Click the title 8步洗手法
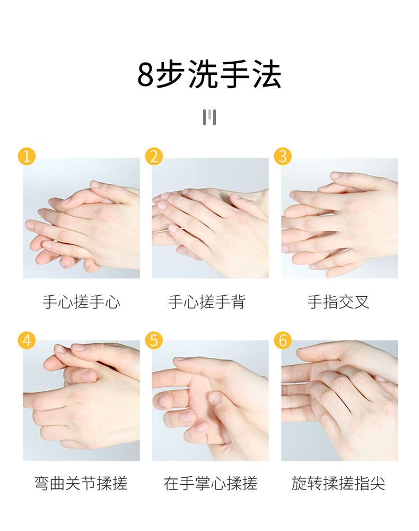pyautogui.click(x=210, y=74)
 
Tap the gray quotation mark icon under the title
pyautogui.click(x=210, y=117)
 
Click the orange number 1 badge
pyautogui.click(x=27, y=156)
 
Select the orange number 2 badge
pyautogui.click(x=154, y=156)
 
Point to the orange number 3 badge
pyautogui.click(x=283, y=156)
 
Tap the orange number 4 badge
pyautogui.click(x=27, y=340)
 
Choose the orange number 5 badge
pyautogui.click(x=154, y=340)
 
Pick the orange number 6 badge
pyautogui.click(x=283, y=340)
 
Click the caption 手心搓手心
pyautogui.click(x=81, y=302)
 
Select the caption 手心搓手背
pyautogui.click(x=207, y=302)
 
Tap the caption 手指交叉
pyautogui.click(x=338, y=302)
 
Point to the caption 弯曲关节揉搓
pyautogui.click(x=81, y=483)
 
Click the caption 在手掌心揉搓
pyautogui.click(x=211, y=483)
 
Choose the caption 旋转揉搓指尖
pyautogui.click(x=338, y=483)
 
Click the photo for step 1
pyautogui.click(x=81, y=218)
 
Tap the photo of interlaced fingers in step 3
pyautogui.click(x=339, y=218)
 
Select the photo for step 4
pyautogui.click(x=81, y=400)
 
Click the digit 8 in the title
pyautogui.click(x=146, y=75)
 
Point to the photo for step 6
pyautogui.click(x=339, y=400)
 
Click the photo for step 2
pyautogui.click(x=211, y=218)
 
